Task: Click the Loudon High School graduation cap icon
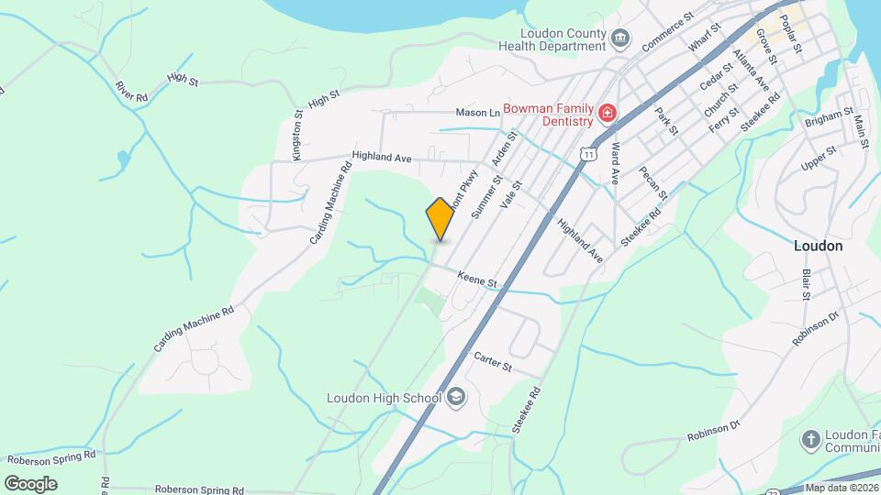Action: pos(456,397)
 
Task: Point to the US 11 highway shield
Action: pos(587,155)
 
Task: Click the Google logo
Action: pos(30,483)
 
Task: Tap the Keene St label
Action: pos(477,279)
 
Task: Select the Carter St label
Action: pos(492,361)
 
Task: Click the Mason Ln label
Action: pos(478,113)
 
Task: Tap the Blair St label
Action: pos(806,285)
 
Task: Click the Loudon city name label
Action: pos(818,247)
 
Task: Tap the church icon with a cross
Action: pos(810,440)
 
